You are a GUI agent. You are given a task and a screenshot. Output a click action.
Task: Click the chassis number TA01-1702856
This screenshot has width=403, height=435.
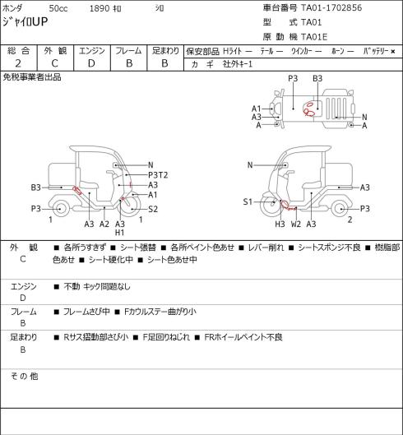tap(331, 7)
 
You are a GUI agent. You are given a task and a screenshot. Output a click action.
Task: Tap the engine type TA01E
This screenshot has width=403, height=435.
tap(314, 37)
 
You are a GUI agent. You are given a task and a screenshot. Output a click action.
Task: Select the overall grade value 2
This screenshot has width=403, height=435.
tap(18, 63)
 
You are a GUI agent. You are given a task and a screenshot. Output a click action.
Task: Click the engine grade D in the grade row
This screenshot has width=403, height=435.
tap(91, 63)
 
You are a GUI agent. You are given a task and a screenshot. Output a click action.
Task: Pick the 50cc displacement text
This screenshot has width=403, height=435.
tap(58, 8)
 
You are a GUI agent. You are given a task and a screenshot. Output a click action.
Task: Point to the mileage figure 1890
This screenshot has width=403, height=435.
tap(100, 8)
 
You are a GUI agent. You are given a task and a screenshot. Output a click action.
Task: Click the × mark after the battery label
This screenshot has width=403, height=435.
tap(393, 51)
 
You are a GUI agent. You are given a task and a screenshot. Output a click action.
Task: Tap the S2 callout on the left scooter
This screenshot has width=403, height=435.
tap(153, 209)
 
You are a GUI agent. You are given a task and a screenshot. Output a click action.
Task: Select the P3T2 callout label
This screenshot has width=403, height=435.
tap(158, 175)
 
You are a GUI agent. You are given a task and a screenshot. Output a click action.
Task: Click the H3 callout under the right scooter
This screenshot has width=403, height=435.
tap(280, 224)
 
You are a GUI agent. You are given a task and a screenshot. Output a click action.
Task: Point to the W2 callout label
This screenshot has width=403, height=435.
tap(296, 224)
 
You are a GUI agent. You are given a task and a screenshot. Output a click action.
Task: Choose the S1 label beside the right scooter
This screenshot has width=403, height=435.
tap(248, 201)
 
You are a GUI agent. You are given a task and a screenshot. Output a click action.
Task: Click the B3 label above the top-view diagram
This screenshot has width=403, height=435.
tap(317, 78)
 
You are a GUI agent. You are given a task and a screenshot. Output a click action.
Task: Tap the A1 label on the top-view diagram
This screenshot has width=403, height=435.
tap(257, 109)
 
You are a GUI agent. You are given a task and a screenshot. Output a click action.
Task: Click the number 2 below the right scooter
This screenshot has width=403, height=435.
tap(350, 220)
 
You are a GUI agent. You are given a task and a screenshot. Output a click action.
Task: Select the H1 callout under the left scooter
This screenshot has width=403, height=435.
tap(119, 233)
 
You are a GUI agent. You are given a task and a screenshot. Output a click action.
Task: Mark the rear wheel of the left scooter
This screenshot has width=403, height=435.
tap(60, 209)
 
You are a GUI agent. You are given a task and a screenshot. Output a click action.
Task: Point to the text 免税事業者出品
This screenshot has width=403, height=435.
tap(32, 77)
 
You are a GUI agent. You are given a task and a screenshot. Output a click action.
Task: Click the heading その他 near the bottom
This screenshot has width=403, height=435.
tap(24, 376)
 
